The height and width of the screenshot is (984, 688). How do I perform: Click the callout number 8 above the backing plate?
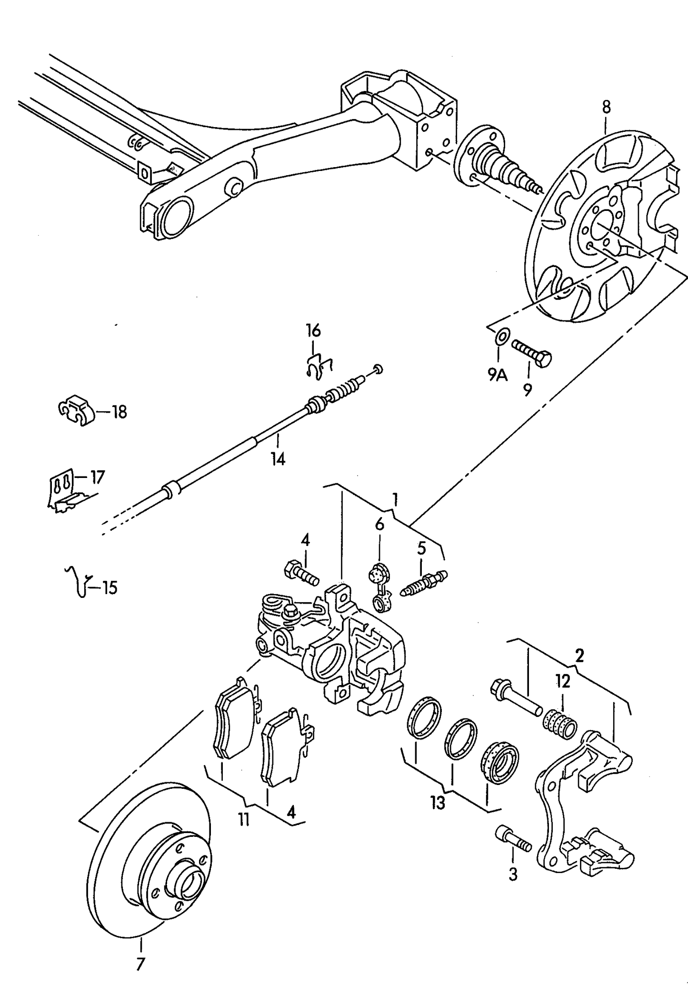tap(606, 108)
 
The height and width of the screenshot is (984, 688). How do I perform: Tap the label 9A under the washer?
tap(498, 376)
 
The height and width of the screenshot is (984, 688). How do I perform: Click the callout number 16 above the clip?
tap(313, 330)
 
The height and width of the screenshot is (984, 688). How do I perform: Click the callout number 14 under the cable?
tap(278, 459)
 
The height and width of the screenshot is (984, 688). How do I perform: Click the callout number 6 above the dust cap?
tap(379, 525)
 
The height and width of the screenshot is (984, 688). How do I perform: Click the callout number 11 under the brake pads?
tap(244, 819)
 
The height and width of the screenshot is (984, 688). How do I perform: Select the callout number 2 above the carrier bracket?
tap(579, 656)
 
